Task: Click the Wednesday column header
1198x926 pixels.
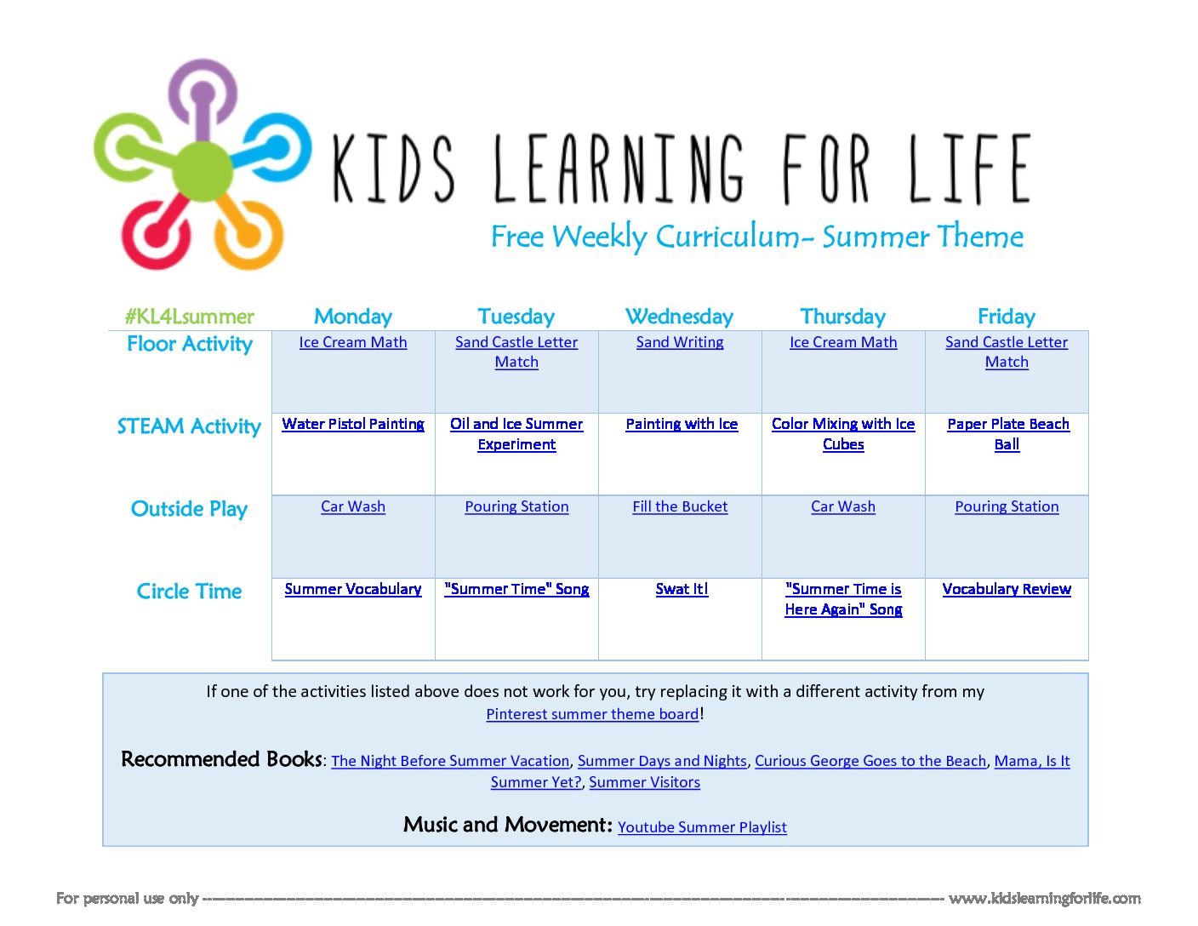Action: pyautogui.click(x=679, y=317)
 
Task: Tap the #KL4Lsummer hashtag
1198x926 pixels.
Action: pyautogui.click(x=189, y=317)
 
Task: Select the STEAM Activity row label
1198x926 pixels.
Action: pyautogui.click(x=189, y=426)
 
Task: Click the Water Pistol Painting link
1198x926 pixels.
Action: pyautogui.click(x=353, y=424)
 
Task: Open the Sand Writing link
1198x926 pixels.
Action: pyautogui.click(x=680, y=342)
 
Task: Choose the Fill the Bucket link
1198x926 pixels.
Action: pyautogui.click(x=680, y=506)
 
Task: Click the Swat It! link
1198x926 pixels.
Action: pyautogui.click(x=682, y=589)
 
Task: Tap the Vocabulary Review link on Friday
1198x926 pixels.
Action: pyautogui.click(x=1007, y=589)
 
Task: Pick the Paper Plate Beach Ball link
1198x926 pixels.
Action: pyautogui.click(x=1007, y=434)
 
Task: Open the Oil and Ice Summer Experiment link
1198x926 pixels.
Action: pyautogui.click(x=516, y=434)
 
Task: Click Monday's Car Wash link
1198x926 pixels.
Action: pyautogui.click(x=353, y=506)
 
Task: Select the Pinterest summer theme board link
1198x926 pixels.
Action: pyautogui.click(x=592, y=714)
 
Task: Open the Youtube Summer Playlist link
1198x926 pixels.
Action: pyautogui.click(x=702, y=827)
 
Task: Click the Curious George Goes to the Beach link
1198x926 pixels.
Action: pyautogui.click(x=870, y=761)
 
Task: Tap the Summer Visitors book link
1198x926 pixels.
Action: pyautogui.click(x=644, y=782)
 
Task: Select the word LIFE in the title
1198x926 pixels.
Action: pyautogui.click(x=969, y=169)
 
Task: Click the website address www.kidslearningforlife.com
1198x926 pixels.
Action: pyautogui.click(x=1044, y=899)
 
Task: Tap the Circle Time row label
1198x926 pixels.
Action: pyautogui.click(x=189, y=592)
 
